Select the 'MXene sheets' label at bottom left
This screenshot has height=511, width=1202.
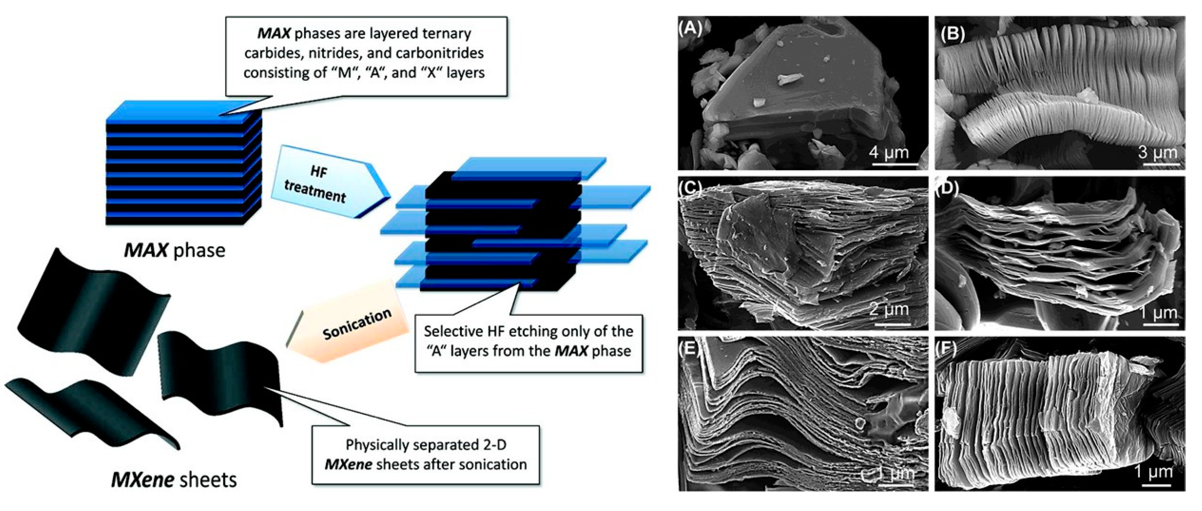pyautogui.click(x=174, y=480)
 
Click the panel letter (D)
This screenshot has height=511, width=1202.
pyautogui.click(x=947, y=188)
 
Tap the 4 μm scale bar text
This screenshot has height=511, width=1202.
pyautogui.click(x=889, y=152)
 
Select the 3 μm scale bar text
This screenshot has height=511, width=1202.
pyautogui.click(x=1157, y=152)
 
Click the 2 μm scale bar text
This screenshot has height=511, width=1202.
pyautogui.click(x=889, y=309)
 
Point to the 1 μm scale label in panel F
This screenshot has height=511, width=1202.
pyautogui.click(x=1153, y=472)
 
